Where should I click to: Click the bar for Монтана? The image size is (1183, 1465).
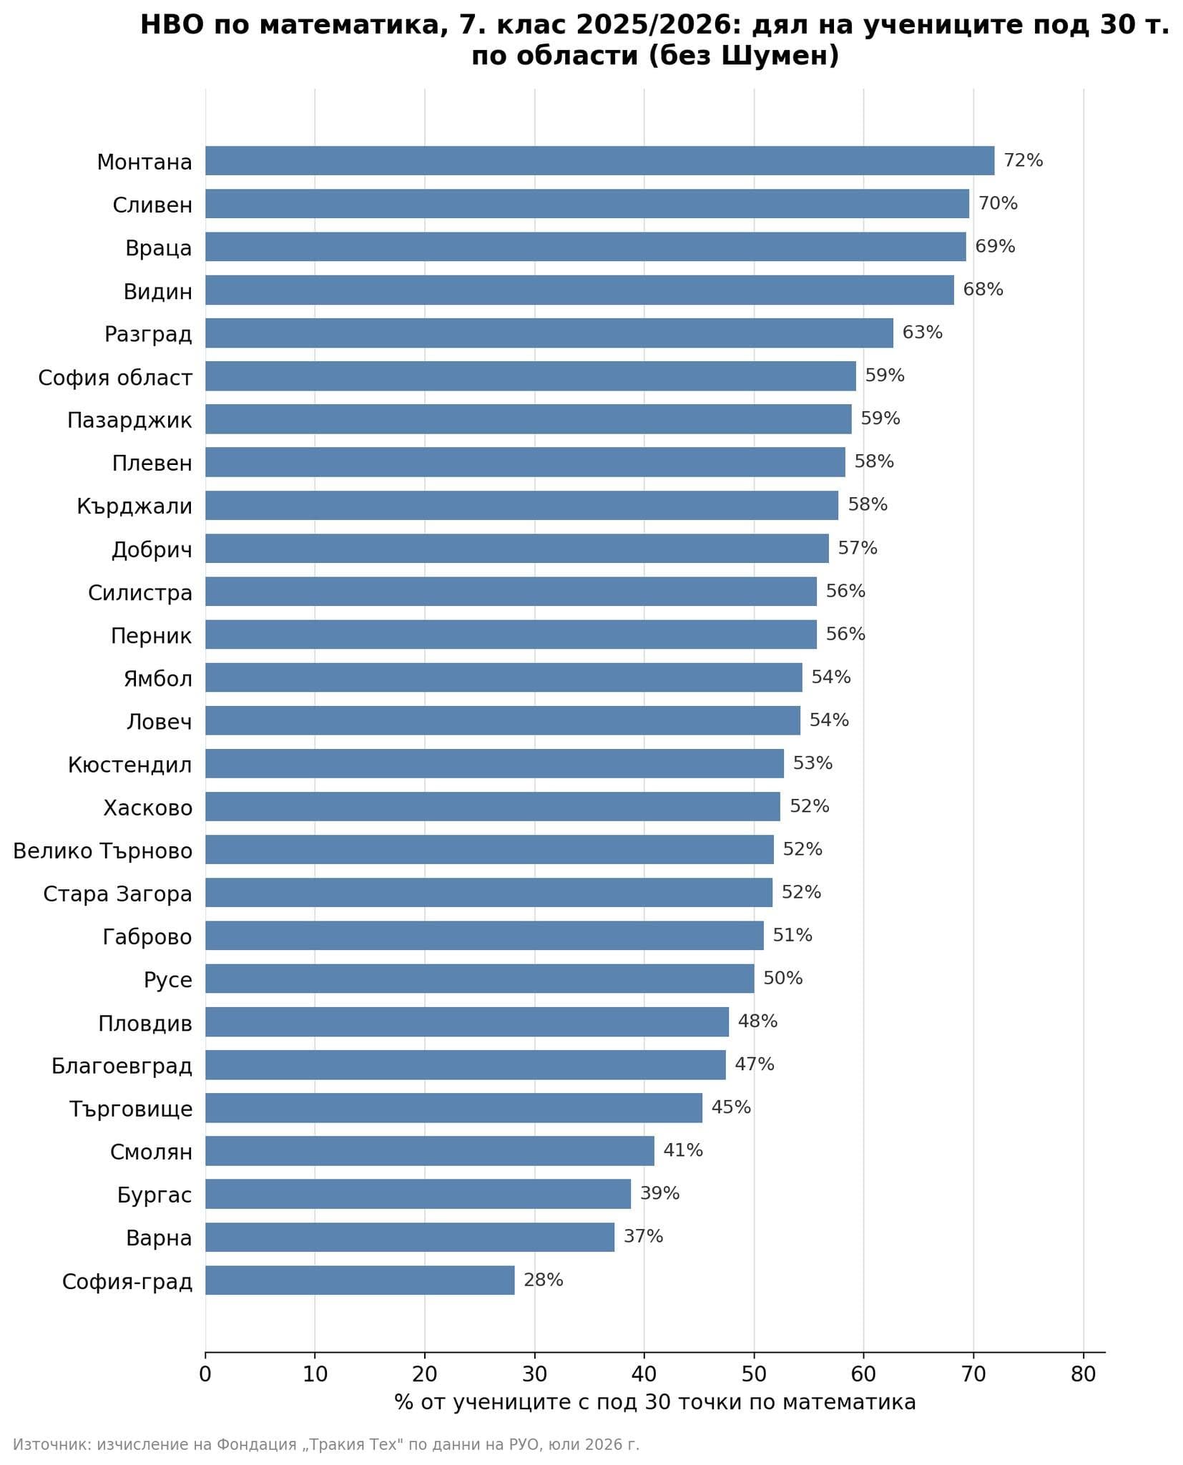599,161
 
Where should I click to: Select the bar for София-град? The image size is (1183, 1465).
360,1280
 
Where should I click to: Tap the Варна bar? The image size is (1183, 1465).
410,1237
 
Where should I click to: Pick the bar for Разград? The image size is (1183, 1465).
549,333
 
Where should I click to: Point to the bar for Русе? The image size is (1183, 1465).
479,979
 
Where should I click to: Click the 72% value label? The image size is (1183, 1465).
1023,160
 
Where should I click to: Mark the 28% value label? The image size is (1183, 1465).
543,1280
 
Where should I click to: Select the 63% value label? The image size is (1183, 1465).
922,333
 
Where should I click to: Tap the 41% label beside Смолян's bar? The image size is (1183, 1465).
683,1150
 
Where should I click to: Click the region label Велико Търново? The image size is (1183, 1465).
103,851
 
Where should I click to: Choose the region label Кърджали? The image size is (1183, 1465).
134,507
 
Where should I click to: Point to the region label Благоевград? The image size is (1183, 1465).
122,1067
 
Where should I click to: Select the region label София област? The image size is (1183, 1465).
115,378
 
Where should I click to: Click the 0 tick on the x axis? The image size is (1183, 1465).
205,1374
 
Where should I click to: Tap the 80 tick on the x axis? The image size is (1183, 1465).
1083,1374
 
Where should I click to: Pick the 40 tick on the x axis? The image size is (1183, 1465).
644,1374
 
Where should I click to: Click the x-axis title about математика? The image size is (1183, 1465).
654,1402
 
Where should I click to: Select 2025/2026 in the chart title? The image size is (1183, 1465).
651,25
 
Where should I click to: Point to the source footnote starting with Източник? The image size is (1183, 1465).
326,1445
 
